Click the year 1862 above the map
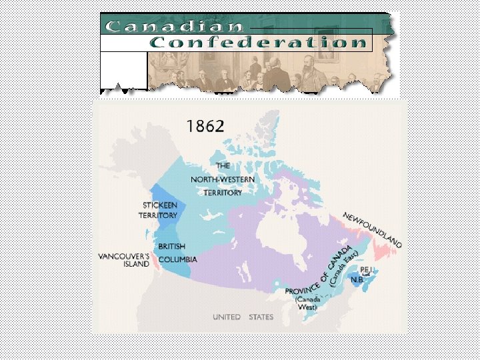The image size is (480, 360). (x=205, y=127)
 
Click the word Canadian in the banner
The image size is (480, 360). (x=174, y=27)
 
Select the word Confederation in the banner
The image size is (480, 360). (x=258, y=43)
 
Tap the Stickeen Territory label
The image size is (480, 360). (x=158, y=210)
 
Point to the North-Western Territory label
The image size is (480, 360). (x=222, y=179)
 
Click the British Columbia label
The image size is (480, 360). (x=177, y=253)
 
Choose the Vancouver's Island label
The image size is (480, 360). (x=125, y=259)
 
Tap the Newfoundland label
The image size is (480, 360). (x=372, y=230)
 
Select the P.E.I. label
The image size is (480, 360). (x=367, y=269)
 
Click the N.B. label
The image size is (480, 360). (x=357, y=279)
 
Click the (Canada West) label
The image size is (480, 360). (x=307, y=303)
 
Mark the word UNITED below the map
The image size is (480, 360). (x=227, y=317)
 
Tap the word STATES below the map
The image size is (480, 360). (x=261, y=317)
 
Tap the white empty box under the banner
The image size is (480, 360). (x=123, y=70)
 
